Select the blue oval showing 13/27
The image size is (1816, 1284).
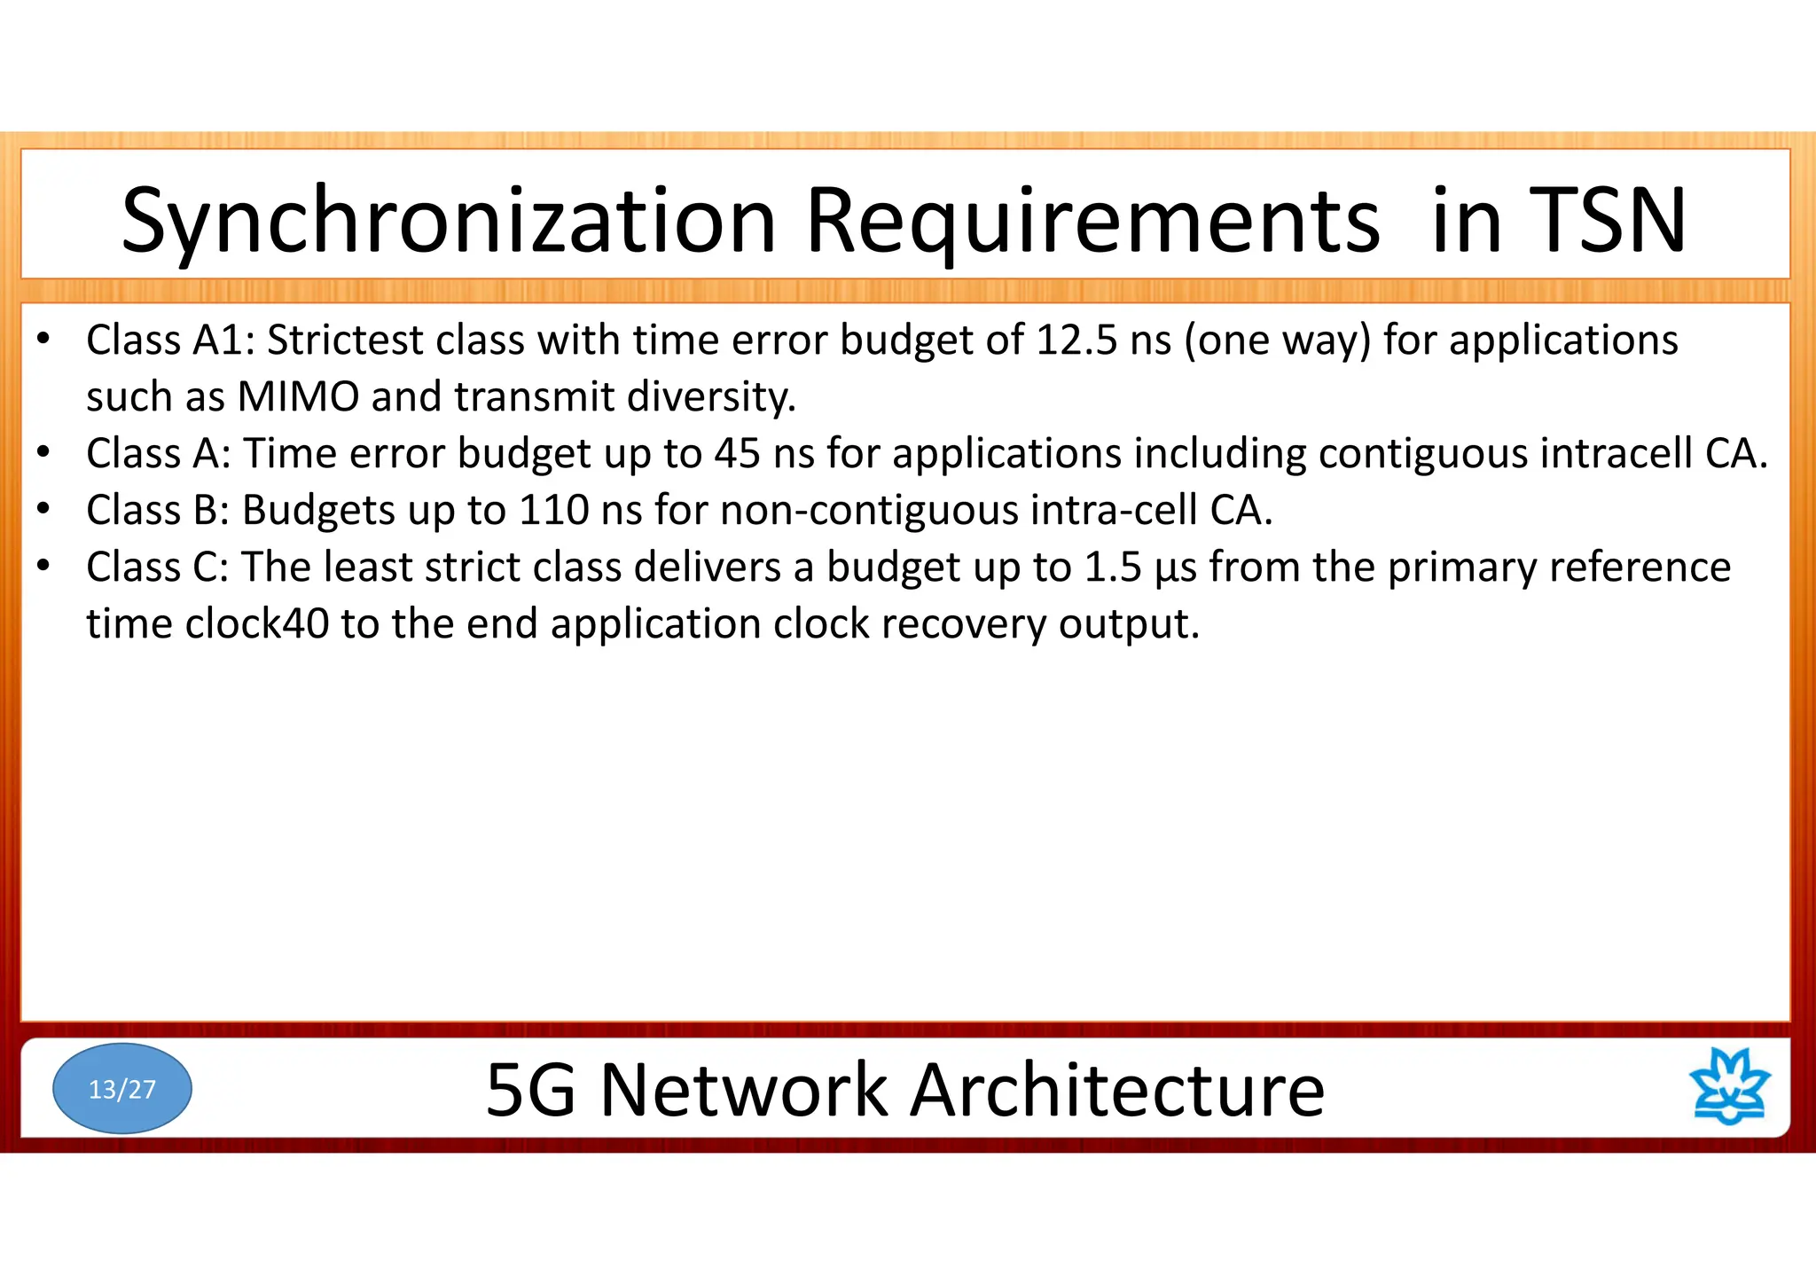click(x=122, y=1088)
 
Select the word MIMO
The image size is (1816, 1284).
click(x=298, y=397)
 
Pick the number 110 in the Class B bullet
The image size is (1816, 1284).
click(x=553, y=511)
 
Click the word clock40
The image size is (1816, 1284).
click(x=257, y=624)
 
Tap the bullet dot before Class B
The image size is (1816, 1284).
click(x=43, y=509)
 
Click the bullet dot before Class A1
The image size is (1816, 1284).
click(x=43, y=339)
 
